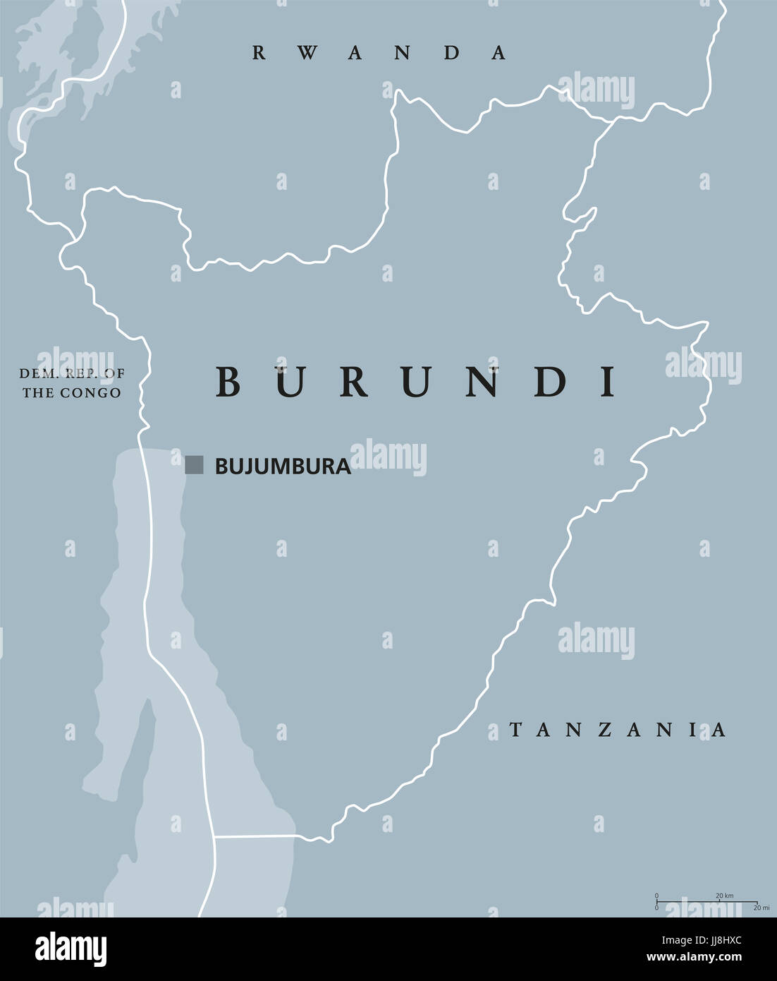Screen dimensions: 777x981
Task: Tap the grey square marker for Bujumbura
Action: pyautogui.click(x=194, y=464)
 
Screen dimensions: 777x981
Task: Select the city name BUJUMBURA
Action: pyautogui.click(x=283, y=466)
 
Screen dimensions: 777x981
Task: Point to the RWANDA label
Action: pyautogui.click(x=379, y=53)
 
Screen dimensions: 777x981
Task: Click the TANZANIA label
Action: pyautogui.click(x=617, y=730)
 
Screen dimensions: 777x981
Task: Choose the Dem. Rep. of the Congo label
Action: pyautogui.click(x=71, y=383)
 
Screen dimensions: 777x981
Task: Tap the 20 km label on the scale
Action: pyautogui.click(x=724, y=896)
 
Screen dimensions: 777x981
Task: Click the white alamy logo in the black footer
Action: pyautogui.click(x=71, y=949)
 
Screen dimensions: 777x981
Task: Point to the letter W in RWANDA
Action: pyautogui.click(x=307, y=53)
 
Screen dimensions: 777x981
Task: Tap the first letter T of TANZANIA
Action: pyautogui.click(x=515, y=730)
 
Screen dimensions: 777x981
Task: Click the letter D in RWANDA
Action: pyautogui.click(x=452, y=53)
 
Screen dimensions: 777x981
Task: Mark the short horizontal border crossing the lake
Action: pyautogui.click(x=254, y=837)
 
